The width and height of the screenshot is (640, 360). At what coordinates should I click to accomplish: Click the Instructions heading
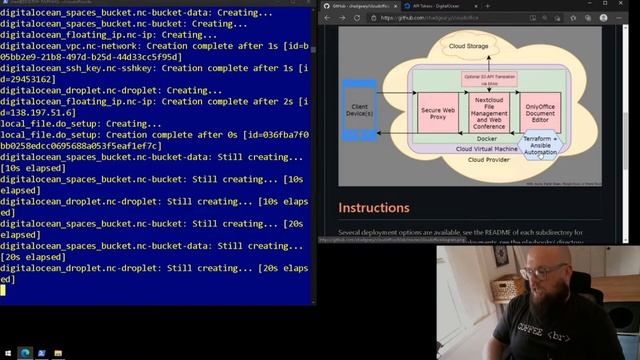374,208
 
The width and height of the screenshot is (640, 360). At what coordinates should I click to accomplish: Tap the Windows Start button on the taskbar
7,353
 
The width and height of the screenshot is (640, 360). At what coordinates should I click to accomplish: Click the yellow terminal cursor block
4,289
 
